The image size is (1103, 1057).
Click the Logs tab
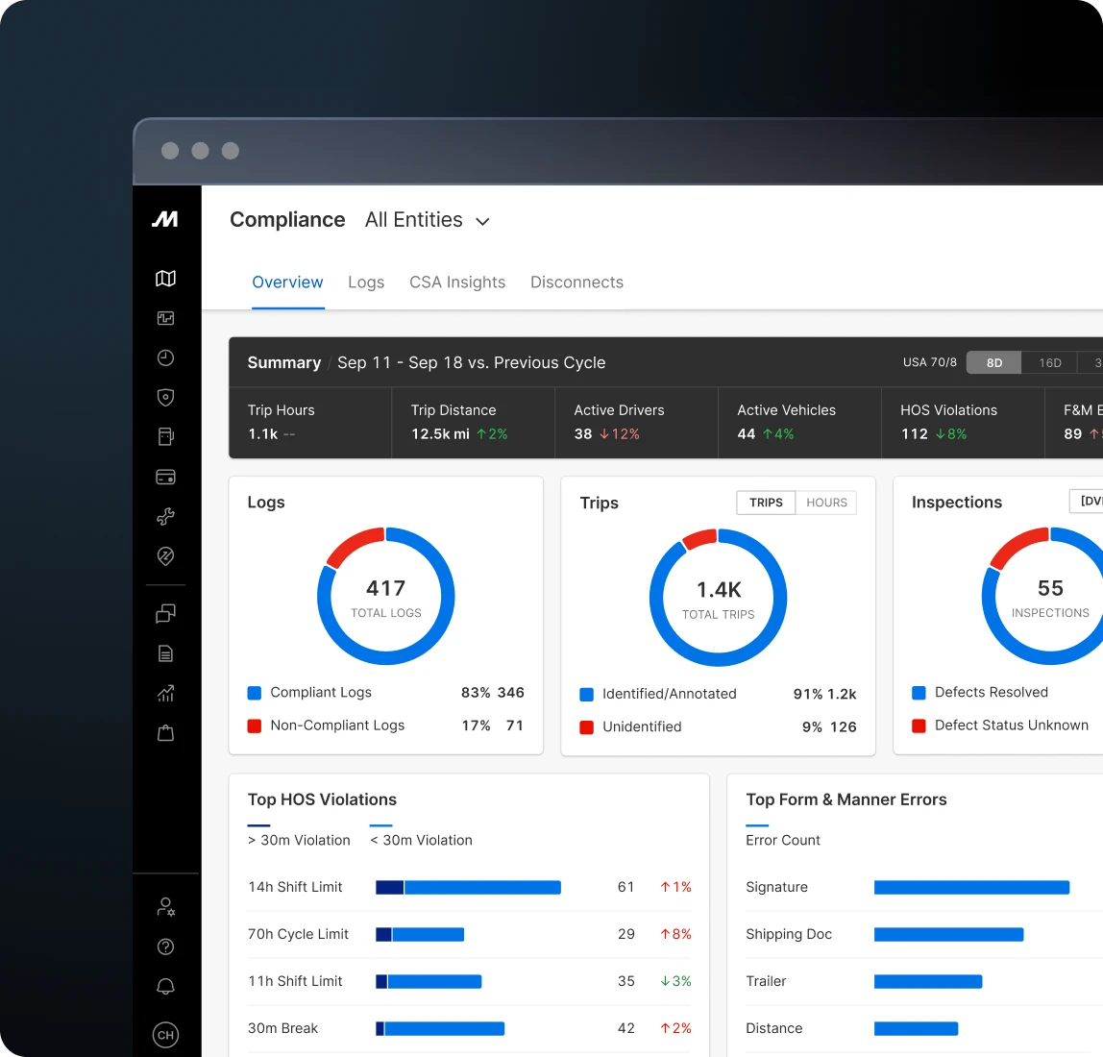[x=366, y=283]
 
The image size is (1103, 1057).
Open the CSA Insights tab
[x=457, y=283]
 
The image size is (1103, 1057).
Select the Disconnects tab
[x=576, y=283]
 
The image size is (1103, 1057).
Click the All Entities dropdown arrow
[x=483, y=222]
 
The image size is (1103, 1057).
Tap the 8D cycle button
[x=994, y=363]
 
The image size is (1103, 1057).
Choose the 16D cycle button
[x=1050, y=363]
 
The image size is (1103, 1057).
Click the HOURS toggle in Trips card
[x=826, y=503]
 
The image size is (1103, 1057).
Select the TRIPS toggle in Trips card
[x=766, y=503]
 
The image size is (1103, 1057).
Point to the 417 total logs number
[x=386, y=588]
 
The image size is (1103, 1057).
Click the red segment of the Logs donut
[x=353, y=544]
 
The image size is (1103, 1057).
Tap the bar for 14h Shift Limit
[x=468, y=888]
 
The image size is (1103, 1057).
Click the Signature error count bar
[x=971, y=888]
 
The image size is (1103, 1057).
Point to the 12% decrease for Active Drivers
[x=620, y=434]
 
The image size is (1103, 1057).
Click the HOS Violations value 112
[x=915, y=434]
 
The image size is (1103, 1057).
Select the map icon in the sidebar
[x=165, y=279]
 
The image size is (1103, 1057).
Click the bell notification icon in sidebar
[x=165, y=987]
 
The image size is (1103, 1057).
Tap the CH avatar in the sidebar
[x=165, y=1035]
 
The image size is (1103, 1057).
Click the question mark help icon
[x=165, y=947]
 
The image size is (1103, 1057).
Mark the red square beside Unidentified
[x=586, y=727]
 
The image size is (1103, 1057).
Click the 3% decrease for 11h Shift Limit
[x=675, y=981]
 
